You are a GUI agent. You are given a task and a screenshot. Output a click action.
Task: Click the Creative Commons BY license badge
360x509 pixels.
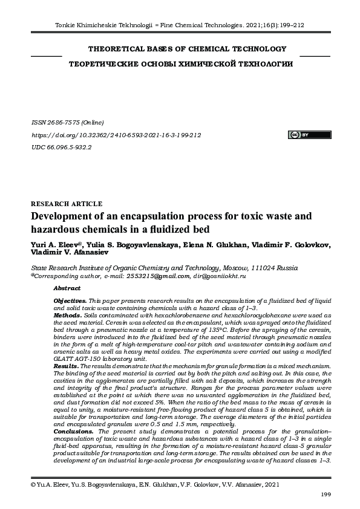(301, 134)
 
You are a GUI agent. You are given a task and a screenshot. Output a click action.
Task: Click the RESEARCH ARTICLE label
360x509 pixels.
(66, 204)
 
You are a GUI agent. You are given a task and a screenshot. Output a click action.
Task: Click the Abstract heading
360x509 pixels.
(67, 288)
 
